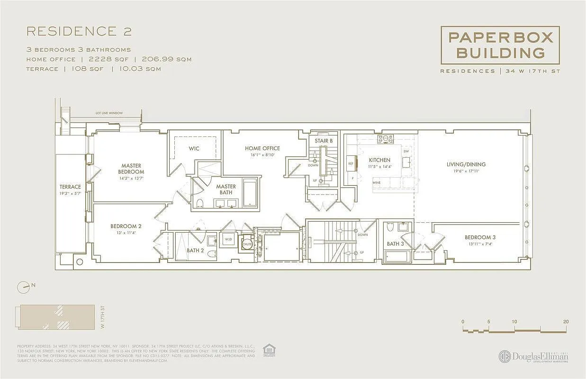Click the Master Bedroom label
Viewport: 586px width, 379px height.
point(131,169)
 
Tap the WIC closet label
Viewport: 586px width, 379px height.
point(194,148)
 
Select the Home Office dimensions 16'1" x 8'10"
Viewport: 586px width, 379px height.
point(262,155)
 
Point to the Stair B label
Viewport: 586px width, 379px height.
point(324,141)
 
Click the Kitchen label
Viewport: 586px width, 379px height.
point(379,160)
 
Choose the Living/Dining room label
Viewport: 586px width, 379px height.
point(466,164)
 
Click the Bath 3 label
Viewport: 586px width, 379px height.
point(396,244)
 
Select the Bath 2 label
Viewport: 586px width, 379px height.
point(195,251)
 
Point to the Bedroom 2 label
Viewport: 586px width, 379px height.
point(126,226)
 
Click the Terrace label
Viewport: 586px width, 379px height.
point(70,187)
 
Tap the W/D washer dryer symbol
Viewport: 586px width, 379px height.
point(228,240)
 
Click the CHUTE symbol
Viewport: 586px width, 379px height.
point(247,244)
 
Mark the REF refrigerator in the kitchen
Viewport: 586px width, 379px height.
point(351,163)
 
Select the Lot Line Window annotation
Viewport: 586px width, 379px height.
point(108,113)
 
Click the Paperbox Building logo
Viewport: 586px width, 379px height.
point(500,45)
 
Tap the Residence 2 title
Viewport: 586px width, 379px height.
point(79,32)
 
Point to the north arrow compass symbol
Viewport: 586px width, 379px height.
point(23,287)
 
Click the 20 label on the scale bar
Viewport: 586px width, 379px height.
point(566,321)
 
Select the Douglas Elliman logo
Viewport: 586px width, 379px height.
point(533,357)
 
